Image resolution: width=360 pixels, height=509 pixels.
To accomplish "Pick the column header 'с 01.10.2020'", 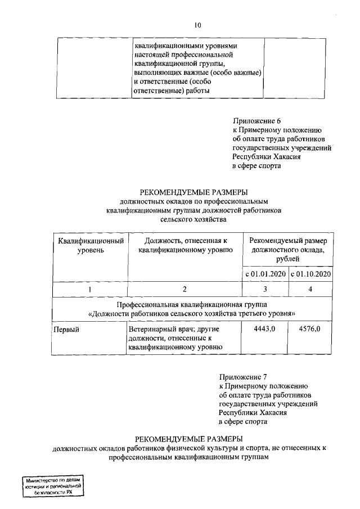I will point(310,274).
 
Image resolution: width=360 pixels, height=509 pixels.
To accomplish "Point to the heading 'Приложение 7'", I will point(242,376).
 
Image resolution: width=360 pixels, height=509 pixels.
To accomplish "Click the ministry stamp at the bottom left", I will point(52,484).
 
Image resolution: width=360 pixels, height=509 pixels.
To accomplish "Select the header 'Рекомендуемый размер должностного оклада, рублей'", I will point(287,249).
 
